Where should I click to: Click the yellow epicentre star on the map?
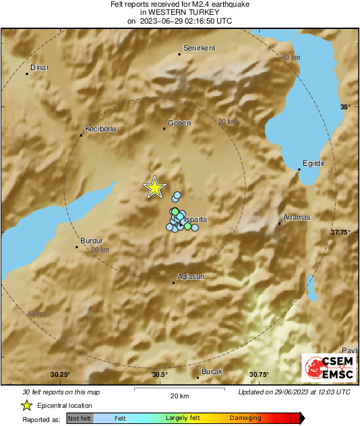click(155, 188)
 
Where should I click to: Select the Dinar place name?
click(39, 67)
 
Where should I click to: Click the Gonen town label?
click(180, 123)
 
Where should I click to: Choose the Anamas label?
click(297, 217)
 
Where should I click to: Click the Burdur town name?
click(91, 241)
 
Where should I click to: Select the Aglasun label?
click(190, 276)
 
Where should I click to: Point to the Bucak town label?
click(212, 371)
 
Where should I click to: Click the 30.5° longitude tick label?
click(160, 375)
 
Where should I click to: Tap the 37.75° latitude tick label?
click(340, 232)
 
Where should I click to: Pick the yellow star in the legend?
click(27, 406)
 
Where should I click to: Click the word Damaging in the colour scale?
click(246, 419)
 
